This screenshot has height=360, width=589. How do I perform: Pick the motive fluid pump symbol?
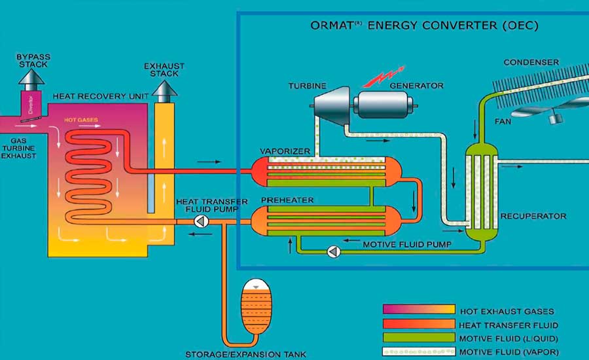333,250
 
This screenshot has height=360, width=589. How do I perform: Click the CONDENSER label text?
531,63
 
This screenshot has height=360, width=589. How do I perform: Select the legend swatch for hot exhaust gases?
418,310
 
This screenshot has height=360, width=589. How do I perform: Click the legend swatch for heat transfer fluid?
418,324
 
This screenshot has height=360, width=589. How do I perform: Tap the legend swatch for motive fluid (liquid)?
418,337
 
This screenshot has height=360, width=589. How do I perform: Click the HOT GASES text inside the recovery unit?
79,120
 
